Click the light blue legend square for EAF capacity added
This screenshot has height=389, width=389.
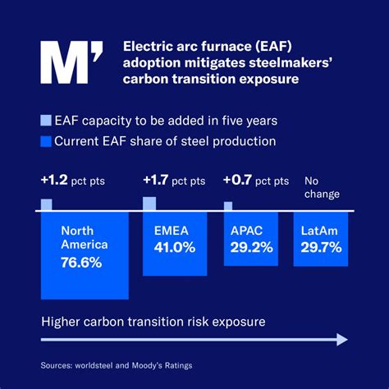pos(46,121)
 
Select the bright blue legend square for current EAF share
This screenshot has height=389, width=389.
pos(46,141)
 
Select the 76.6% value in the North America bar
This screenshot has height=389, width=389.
pos(81,262)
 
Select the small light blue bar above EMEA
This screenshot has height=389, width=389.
pos(149,203)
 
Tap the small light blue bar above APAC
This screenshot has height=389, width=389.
pos(228,206)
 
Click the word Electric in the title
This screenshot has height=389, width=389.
pos(149,46)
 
